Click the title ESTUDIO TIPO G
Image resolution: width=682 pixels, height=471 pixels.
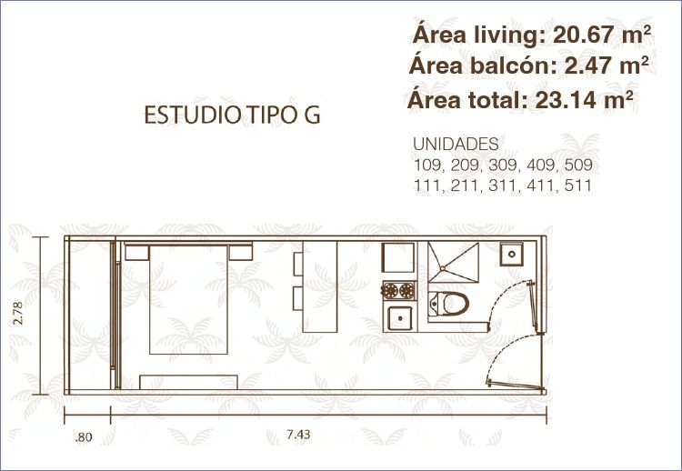click(x=232, y=115)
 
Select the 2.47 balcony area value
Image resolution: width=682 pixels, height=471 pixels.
click(x=586, y=66)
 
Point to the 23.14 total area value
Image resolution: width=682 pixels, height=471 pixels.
click(x=565, y=100)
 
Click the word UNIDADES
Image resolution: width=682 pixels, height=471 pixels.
click(x=456, y=144)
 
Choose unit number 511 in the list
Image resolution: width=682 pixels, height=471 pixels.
click(x=578, y=185)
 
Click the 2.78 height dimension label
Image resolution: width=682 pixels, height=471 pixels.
click(x=18, y=313)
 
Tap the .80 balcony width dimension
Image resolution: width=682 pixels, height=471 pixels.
click(x=84, y=437)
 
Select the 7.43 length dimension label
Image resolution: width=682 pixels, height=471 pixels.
click(x=299, y=435)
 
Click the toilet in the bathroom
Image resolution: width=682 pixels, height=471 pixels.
click(x=448, y=303)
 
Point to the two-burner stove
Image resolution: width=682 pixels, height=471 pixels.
click(x=399, y=291)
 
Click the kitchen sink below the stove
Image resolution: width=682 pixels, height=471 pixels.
click(x=400, y=318)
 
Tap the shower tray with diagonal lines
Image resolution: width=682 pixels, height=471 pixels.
click(x=453, y=263)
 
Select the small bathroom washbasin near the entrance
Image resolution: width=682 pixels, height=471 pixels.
click(x=511, y=254)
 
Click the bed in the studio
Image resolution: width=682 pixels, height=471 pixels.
click(x=189, y=299)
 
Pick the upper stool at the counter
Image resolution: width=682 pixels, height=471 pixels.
click(x=298, y=264)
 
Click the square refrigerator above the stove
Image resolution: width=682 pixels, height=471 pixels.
click(x=398, y=257)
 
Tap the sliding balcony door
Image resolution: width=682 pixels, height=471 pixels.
click(x=115, y=314)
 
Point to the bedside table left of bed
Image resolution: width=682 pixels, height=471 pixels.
click(x=137, y=253)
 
